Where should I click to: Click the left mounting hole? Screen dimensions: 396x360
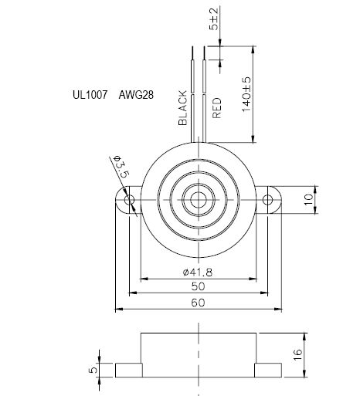tap(129, 201)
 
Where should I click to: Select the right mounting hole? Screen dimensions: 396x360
tap(269, 201)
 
